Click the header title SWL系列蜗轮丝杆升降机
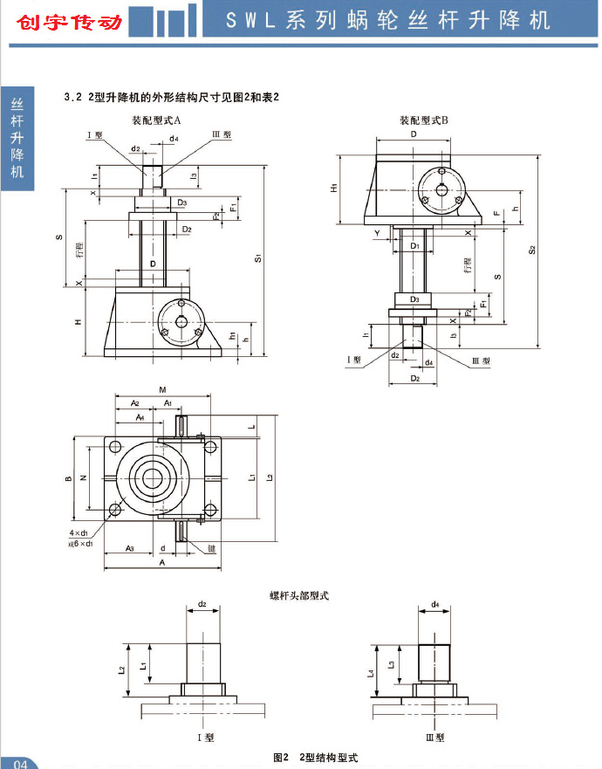click(x=388, y=20)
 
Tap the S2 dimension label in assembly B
click(x=533, y=251)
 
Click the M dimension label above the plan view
click(x=163, y=389)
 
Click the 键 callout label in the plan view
click(x=211, y=550)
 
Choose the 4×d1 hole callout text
click(x=79, y=532)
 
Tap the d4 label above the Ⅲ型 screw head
click(x=434, y=604)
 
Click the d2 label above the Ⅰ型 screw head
click(x=202, y=604)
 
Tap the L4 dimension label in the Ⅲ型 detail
click(x=371, y=673)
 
